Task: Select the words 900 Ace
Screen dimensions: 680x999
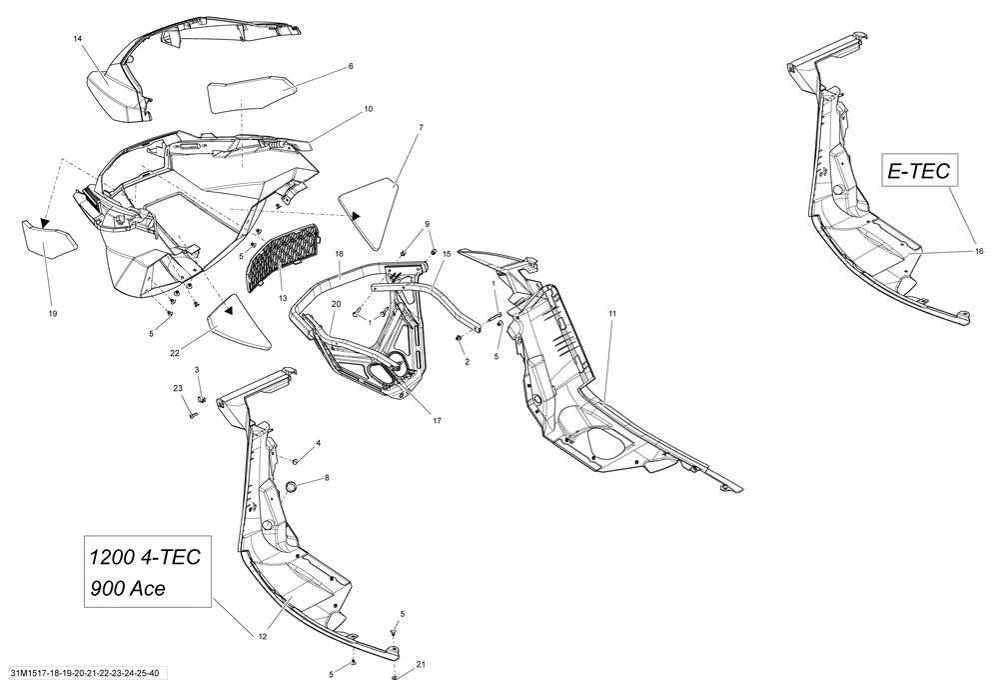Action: point(128,588)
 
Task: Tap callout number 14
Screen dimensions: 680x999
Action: point(78,38)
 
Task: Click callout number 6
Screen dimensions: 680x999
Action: point(351,67)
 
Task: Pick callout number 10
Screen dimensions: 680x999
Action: point(369,108)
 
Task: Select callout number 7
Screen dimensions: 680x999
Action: point(421,128)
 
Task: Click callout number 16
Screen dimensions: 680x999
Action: point(979,252)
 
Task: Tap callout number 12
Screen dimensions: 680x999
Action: point(263,636)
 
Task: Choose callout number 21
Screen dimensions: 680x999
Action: point(421,665)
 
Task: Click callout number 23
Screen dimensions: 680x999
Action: point(178,388)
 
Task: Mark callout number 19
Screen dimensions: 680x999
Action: point(52,313)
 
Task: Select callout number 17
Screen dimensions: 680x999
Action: point(437,420)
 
